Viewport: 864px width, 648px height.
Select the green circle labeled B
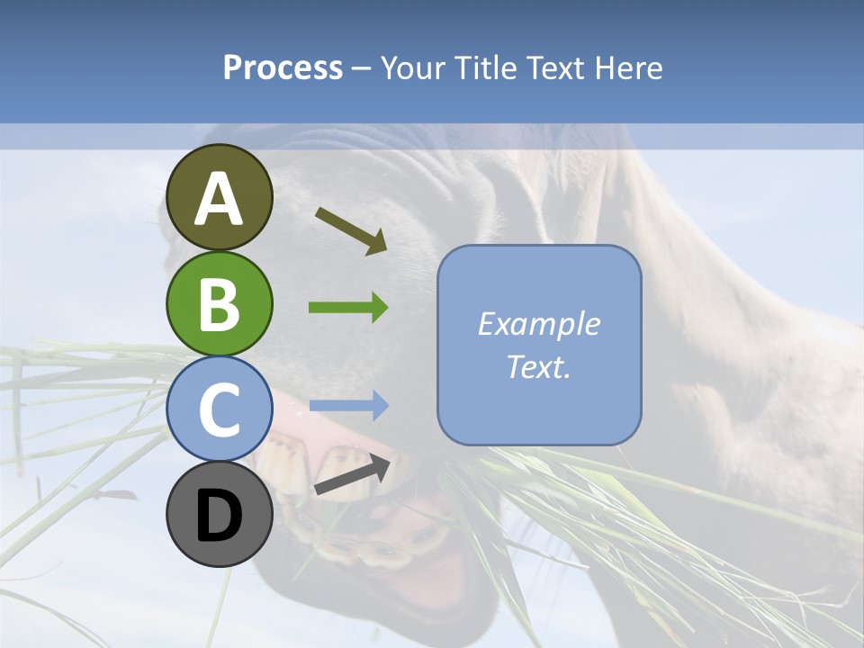click(219, 303)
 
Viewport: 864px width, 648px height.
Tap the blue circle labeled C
click(219, 409)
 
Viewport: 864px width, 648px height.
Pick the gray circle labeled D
click(219, 515)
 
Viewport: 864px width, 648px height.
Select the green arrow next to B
click(348, 308)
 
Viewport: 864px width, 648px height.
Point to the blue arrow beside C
click(348, 406)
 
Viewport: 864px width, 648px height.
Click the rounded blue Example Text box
click(539, 346)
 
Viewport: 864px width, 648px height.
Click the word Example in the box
click(539, 324)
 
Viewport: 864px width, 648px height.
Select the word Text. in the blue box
click(539, 367)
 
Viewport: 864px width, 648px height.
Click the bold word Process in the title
click(283, 67)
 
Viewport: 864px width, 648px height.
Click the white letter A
click(219, 199)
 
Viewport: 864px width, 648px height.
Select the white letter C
click(219, 410)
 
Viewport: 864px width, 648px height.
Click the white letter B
click(219, 304)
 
